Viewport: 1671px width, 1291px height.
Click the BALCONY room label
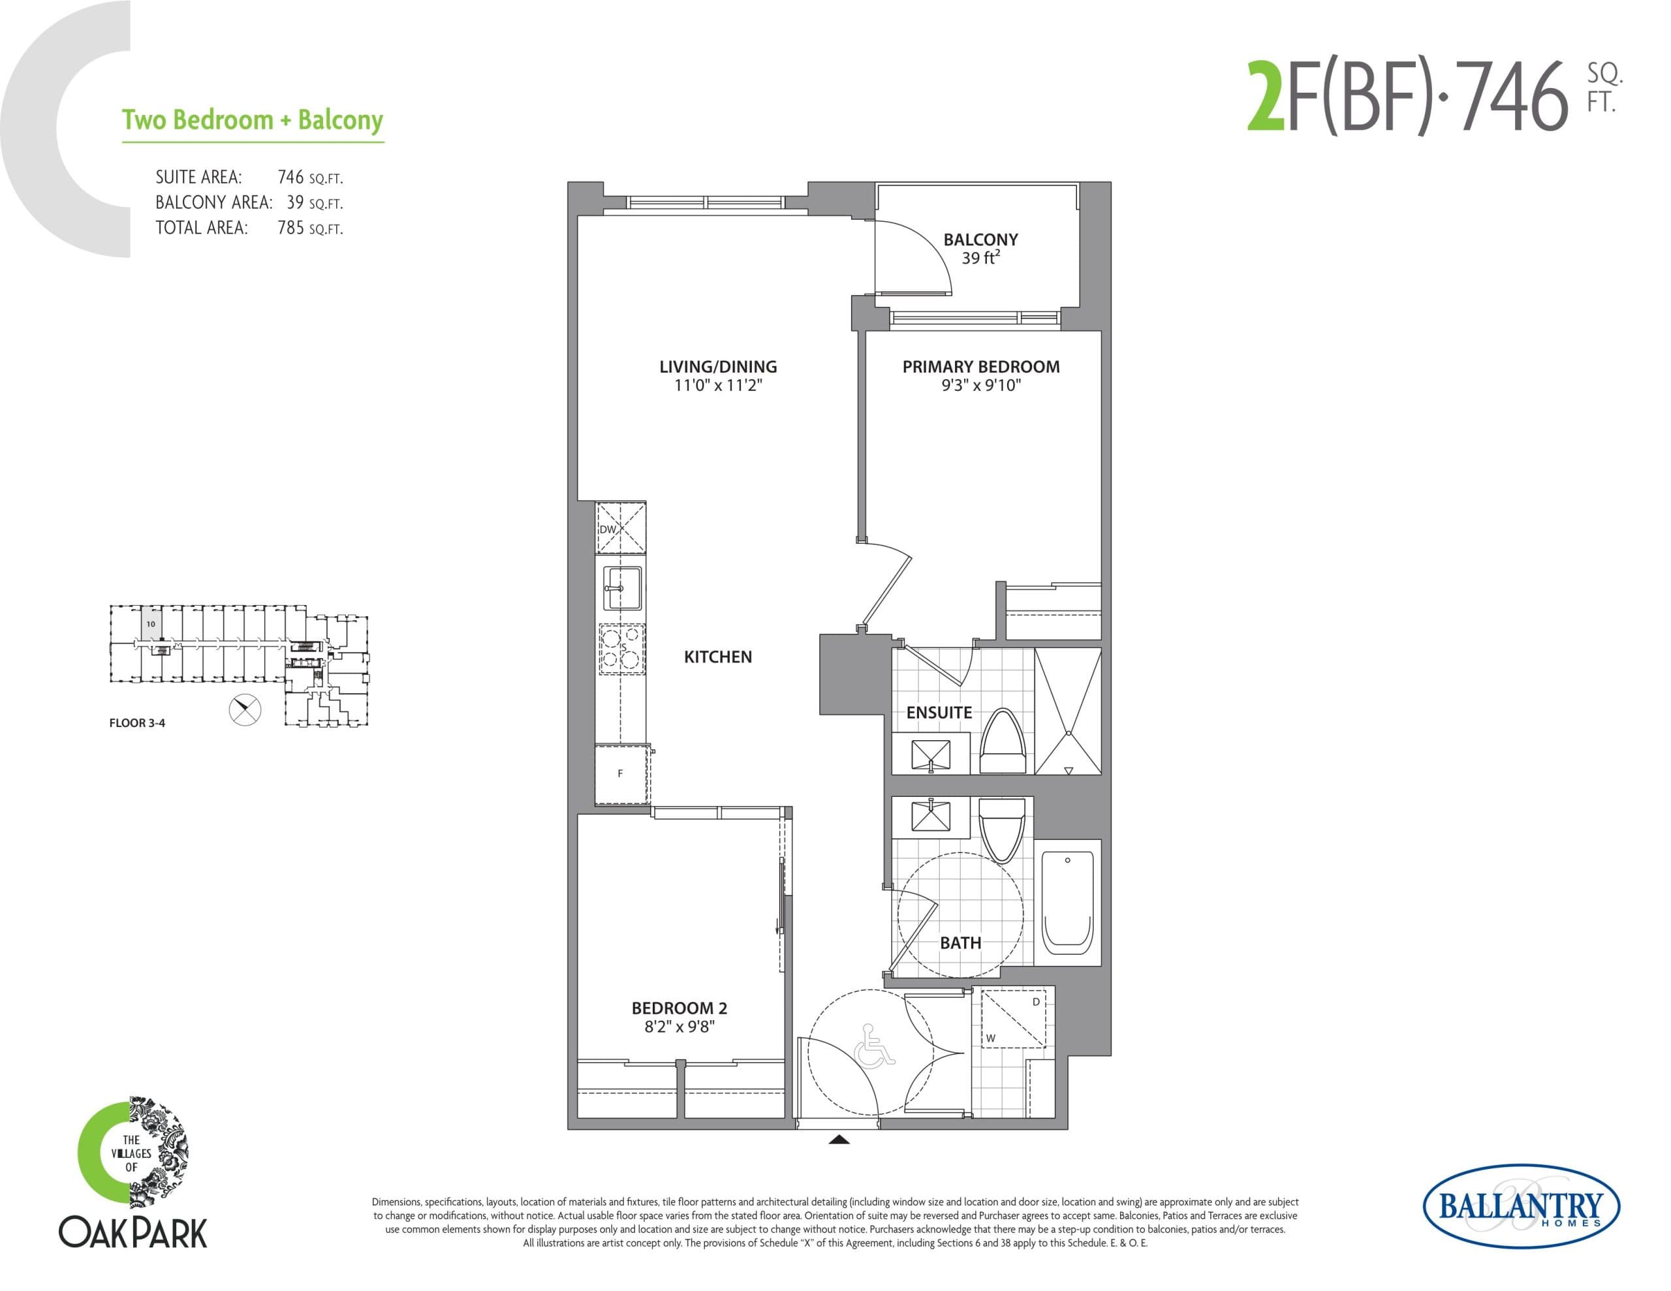coord(980,240)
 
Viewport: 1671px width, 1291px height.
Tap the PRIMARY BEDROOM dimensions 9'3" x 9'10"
coord(981,386)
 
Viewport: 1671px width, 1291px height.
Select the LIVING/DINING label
coord(717,367)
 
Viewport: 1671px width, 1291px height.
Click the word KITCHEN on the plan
coord(717,657)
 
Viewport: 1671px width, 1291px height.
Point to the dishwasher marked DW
coord(621,528)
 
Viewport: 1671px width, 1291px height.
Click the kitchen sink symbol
coord(622,587)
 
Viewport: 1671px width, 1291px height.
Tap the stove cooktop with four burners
coord(621,649)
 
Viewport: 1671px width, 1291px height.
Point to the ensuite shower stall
coord(1068,711)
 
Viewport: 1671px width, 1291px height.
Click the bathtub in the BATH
coord(1067,901)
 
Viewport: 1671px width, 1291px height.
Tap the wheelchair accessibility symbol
coord(877,1046)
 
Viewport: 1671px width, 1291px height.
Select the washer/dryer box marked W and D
coord(1013,1019)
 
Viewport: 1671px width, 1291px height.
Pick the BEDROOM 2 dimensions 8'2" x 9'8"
coord(679,1027)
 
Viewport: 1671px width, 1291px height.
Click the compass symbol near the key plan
coord(245,709)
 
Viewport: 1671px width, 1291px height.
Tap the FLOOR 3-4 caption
coord(137,723)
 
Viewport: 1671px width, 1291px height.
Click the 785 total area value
coord(290,228)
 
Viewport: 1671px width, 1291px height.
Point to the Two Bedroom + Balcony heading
coord(253,120)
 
